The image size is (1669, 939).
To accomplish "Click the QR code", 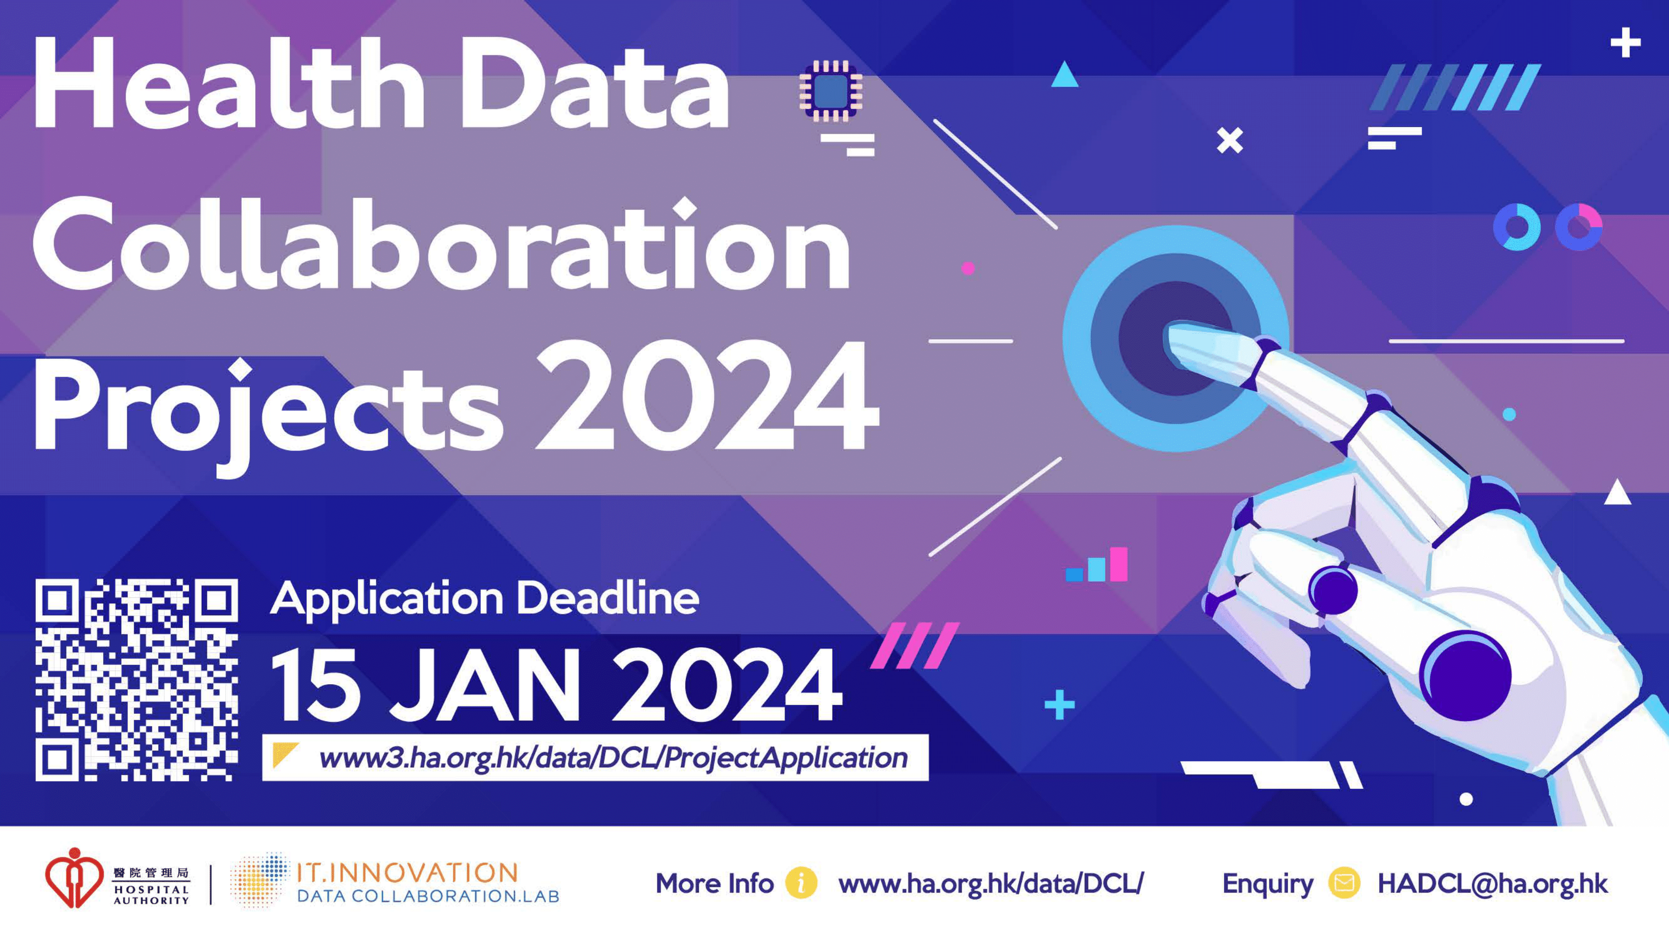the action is coord(137,680).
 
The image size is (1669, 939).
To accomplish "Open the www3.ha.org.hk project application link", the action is coord(613,757).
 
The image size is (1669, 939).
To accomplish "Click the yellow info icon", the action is coord(801,883).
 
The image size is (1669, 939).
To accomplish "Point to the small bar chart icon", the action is coord(1097,565).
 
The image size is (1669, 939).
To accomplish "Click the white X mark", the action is coord(1230,141).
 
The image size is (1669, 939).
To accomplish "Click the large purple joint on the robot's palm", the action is coord(1465,676).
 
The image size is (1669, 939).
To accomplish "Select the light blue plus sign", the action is coord(1060,705).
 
